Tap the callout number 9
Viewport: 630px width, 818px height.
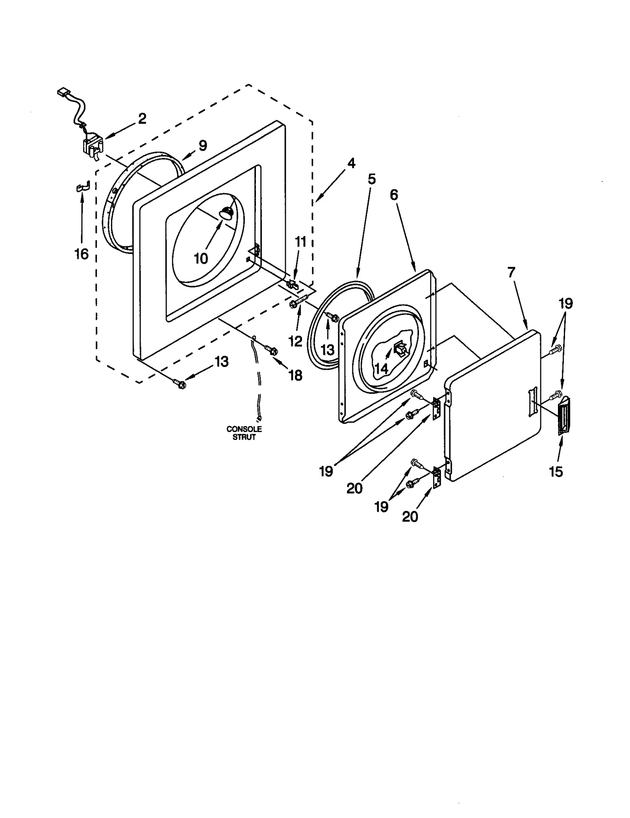pyautogui.click(x=202, y=145)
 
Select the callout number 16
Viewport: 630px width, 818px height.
pyautogui.click(x=82, y=254)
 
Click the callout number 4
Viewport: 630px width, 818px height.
pyautogui.click(x=351, y=163)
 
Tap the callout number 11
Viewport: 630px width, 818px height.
pyautogui.click(x=300, y=242)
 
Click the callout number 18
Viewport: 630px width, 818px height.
pyautogui.click(x=295, y=375)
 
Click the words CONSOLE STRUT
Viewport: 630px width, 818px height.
pyautogui.click(x=244, y=433)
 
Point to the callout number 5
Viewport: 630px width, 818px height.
pyautogui.click(x=372, y=179)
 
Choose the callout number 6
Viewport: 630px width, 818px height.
pyautogui.click(x=394, y=195)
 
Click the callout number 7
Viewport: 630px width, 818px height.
pyautogui.click(x=511, y=272)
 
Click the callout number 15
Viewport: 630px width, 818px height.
pyautogui.click(x=556, y=471)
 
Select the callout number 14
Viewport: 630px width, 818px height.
pyautogui.click(x=381, y=369)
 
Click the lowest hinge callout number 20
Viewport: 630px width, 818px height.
pyautogui.click(x=410, y=516)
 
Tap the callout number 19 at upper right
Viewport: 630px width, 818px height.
pyautogui.click(x=565, y=304)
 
